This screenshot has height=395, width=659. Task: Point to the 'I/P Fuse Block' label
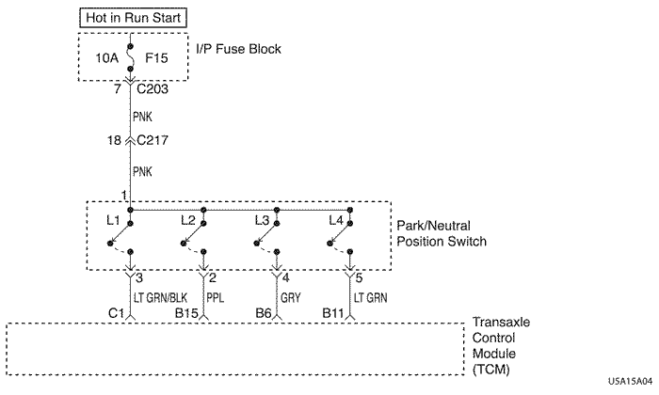(x=237, y=48)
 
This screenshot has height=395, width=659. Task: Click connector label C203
(x=154, y=90)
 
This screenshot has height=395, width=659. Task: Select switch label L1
(x=113, y=220)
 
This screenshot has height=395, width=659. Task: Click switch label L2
(x=188, y=220)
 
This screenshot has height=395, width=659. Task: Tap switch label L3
(x=262, y=220)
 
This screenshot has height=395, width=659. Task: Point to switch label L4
(x=335, y=220)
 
